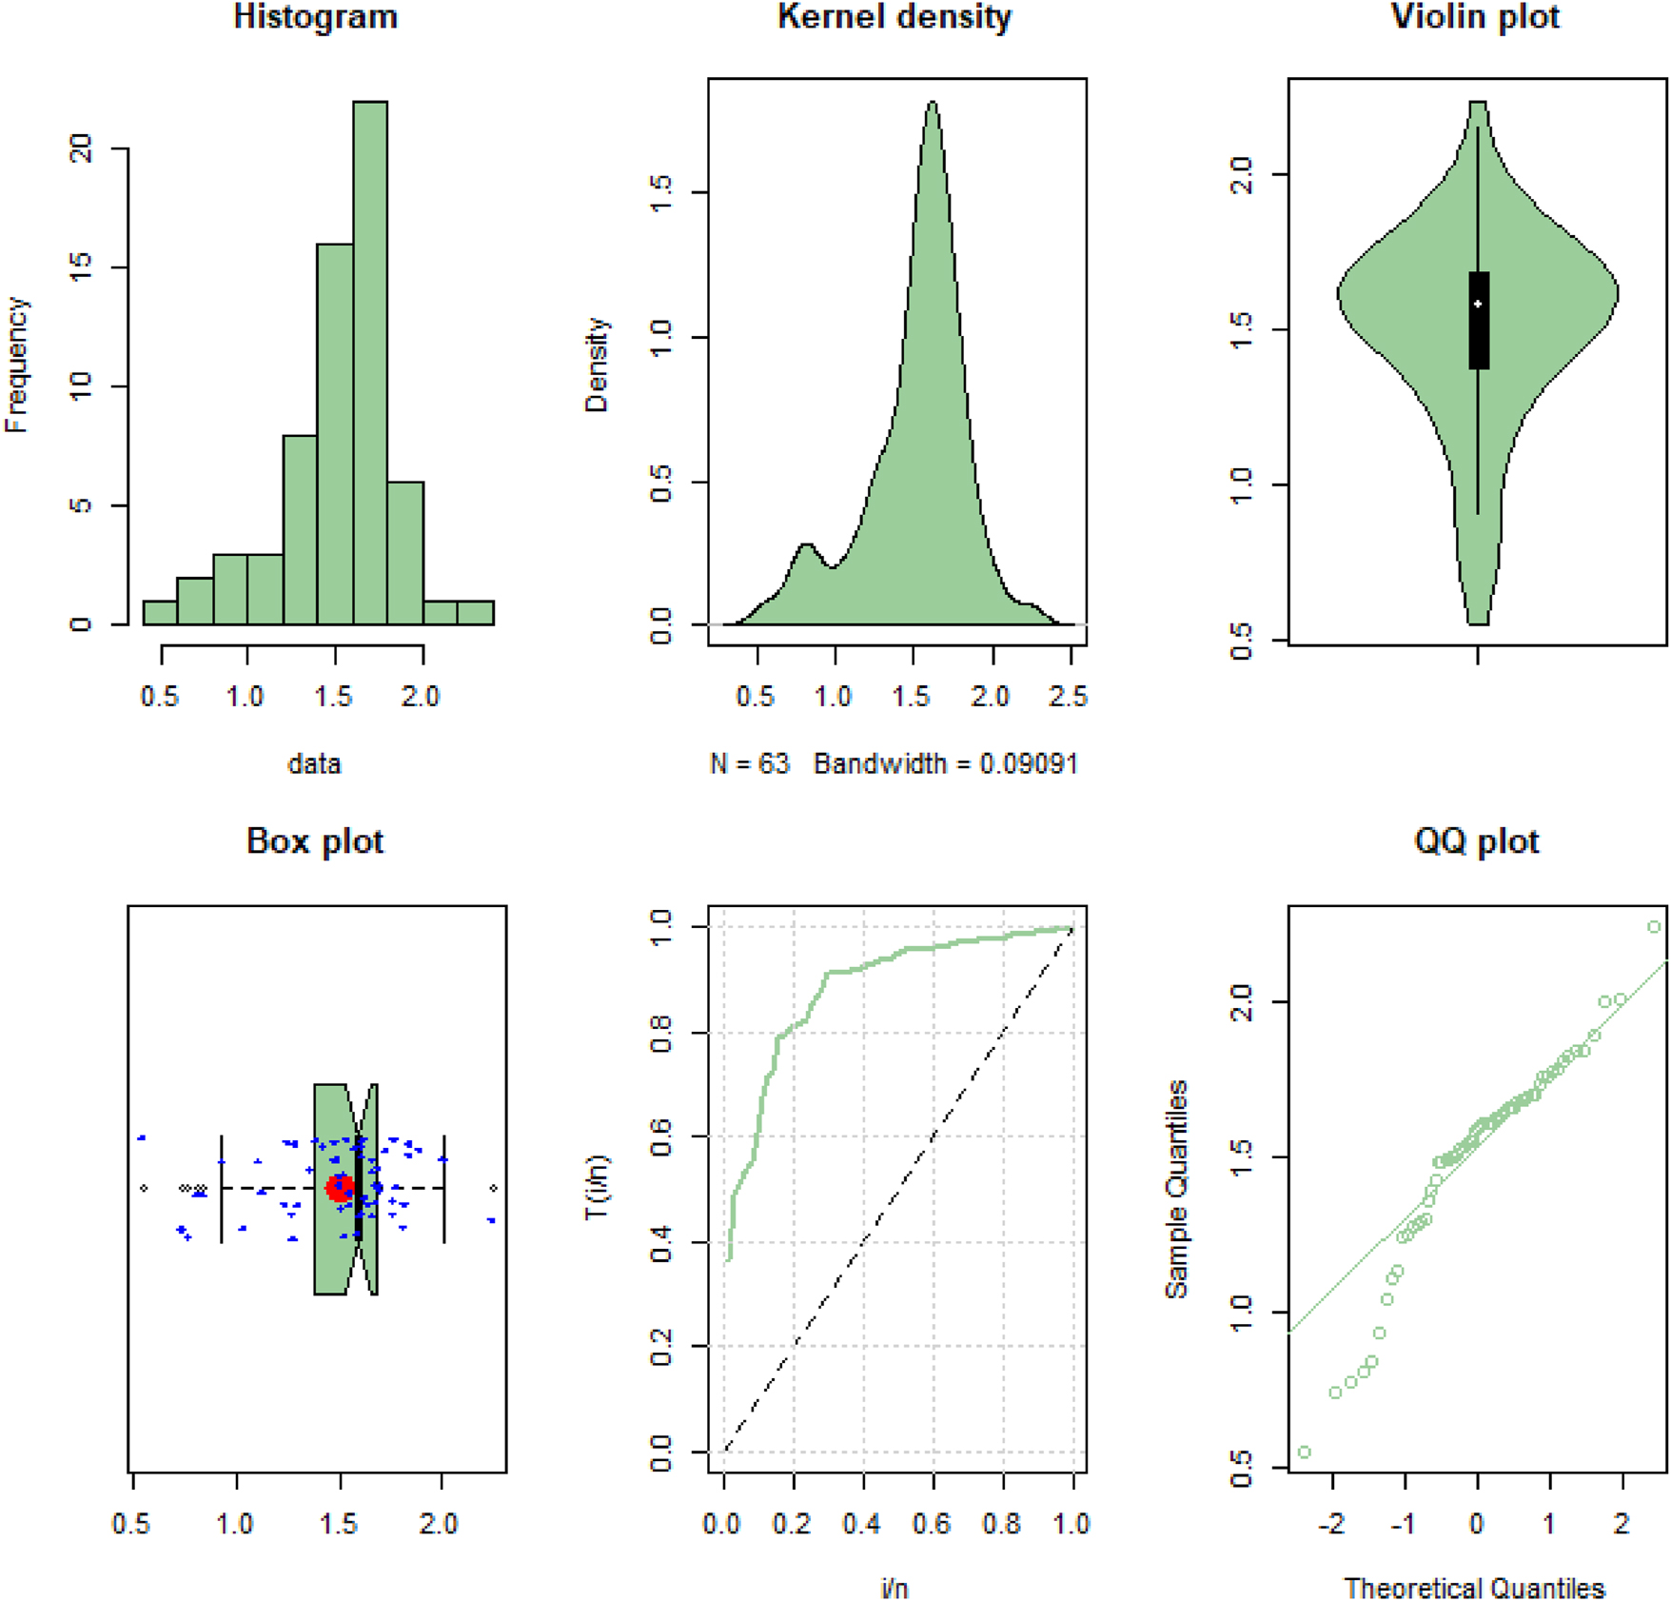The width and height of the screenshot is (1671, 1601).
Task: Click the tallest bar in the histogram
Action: click(370, 362)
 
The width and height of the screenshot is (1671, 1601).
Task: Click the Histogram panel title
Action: click(315, 17)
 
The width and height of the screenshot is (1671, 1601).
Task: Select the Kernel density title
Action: click(894, 17)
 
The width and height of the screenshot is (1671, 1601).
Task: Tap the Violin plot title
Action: click(1475, 17)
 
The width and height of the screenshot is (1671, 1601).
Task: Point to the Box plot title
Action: click(315, 841)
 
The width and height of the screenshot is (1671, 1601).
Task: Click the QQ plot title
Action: click(1476, 841)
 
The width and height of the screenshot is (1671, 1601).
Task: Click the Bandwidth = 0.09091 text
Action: click(946, 763)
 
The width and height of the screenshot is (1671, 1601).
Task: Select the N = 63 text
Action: click(750, 763)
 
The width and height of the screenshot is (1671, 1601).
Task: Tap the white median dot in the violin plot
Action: click(1478, 304)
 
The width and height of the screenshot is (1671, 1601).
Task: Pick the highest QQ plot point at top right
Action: click(1654, 926)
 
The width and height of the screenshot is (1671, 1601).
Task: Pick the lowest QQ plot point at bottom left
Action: click(1305, 1452)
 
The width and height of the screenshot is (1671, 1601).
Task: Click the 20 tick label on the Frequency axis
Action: click(82, 148)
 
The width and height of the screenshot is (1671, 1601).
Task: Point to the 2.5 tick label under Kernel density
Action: click(1069, 697)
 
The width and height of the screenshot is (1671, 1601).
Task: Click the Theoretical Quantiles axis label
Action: click(1474, 1588)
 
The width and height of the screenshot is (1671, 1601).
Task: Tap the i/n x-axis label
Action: click(894, 1588)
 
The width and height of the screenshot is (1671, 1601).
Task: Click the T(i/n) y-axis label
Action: click(597, 1187)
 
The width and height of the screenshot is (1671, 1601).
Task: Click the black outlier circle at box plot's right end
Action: click(493, 1188)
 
